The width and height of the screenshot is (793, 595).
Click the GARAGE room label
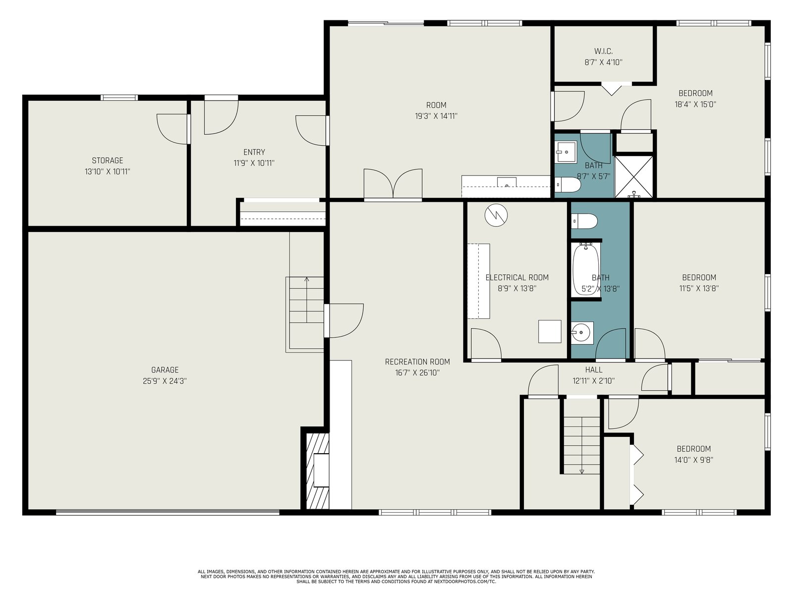coord(165,369)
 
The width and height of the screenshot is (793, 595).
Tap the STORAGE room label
coord(107,160)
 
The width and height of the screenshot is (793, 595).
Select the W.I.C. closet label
coord(603,51)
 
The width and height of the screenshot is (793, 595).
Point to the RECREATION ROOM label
coord(417,361)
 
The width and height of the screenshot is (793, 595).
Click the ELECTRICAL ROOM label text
coord(517,278)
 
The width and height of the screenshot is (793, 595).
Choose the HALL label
coord(594,369)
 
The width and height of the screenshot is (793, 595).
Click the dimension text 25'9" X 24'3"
coord(165,381)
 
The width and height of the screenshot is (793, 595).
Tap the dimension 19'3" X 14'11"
coord(436,116)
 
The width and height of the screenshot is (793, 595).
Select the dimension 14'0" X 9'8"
coord(694,460)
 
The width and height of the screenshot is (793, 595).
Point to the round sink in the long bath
coord(582,332)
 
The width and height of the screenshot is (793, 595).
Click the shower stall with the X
coord(634,177)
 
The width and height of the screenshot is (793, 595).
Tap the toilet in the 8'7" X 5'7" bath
coord(567,184)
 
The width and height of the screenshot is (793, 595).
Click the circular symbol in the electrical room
coord(496,215)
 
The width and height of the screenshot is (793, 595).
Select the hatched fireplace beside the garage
coord(318,471)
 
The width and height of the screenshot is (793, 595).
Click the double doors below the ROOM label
coord(393,183)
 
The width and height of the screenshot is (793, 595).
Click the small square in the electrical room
coord(550,331)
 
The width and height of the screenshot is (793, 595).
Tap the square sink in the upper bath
coord(566,152)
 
